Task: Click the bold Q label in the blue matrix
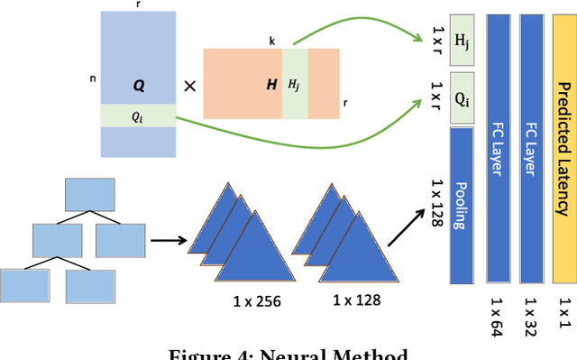click(x=139, y=85)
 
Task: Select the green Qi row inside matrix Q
click(x=138, y=115)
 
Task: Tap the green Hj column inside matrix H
click(x=295, y=84)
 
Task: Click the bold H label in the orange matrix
click(x=270, y=84)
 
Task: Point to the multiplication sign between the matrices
click(x=190, y=87)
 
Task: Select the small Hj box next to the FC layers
click(x=462, y=41)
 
